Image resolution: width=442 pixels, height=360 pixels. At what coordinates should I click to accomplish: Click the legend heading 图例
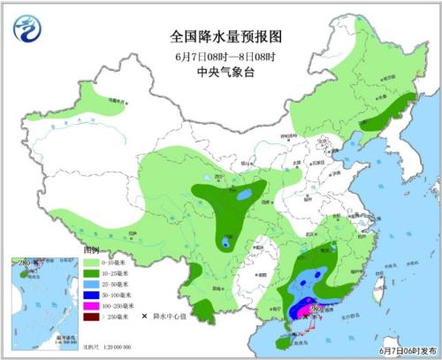(91, 250)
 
